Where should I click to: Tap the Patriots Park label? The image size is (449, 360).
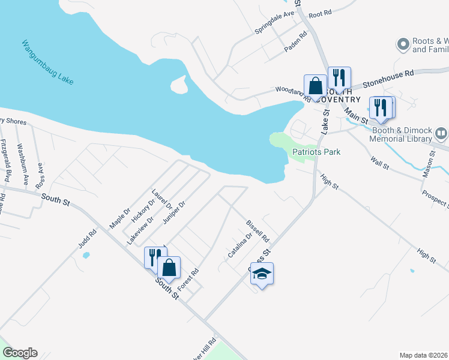[316, 152]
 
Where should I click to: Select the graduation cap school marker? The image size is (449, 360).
[261, 274]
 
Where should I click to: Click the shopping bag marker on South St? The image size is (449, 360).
[169, 268]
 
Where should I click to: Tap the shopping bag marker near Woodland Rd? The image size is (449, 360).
[315, 86]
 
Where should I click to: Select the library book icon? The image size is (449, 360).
[442, 133]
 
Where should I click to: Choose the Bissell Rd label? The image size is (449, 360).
[258, 231]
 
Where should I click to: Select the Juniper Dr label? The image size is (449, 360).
[175, 212]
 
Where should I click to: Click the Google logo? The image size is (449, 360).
[19, 353]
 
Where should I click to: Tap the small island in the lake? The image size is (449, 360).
[179, 85]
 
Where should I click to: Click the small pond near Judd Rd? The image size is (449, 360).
[86, 255]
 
